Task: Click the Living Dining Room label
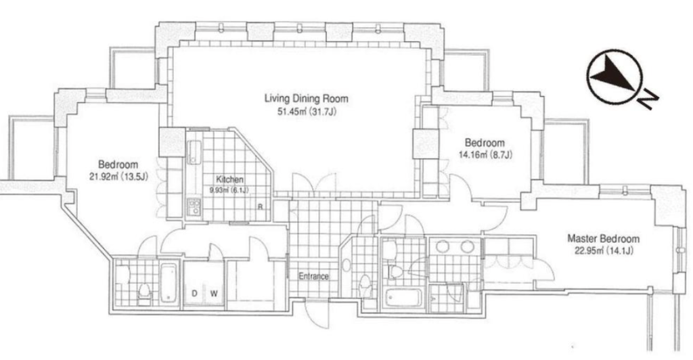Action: coord(306,98)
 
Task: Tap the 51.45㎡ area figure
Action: coord(292,111)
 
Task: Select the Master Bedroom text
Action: coord(603,238)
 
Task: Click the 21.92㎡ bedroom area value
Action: coord(104,177)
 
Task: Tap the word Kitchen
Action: coord(230,179)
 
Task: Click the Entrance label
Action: coord(314,276)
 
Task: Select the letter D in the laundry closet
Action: coord(194,293)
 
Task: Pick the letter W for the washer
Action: coord(213,293)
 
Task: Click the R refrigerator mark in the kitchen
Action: coord(261,206)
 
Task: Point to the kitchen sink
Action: coord(194,152)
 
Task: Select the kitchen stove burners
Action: coord(194,206)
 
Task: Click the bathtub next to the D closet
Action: coord(169,283)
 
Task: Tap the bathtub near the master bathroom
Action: coord(403,297)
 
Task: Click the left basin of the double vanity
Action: coord(443,246)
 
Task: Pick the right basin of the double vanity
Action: coord(467,246)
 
